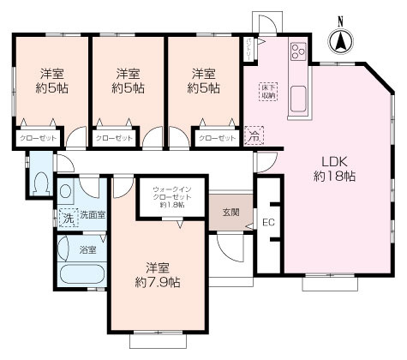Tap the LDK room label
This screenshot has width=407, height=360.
[x=334, y=161]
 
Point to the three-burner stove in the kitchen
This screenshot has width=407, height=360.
[x=298, y=52]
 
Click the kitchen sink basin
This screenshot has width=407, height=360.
[x=298, y=99]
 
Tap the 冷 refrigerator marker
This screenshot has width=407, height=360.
[x=254, y=134]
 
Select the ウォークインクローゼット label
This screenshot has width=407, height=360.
[x=173, y=194]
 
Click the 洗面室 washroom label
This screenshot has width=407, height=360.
[x=93, y=216]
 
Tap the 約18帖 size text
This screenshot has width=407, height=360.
[x=334, y=176]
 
